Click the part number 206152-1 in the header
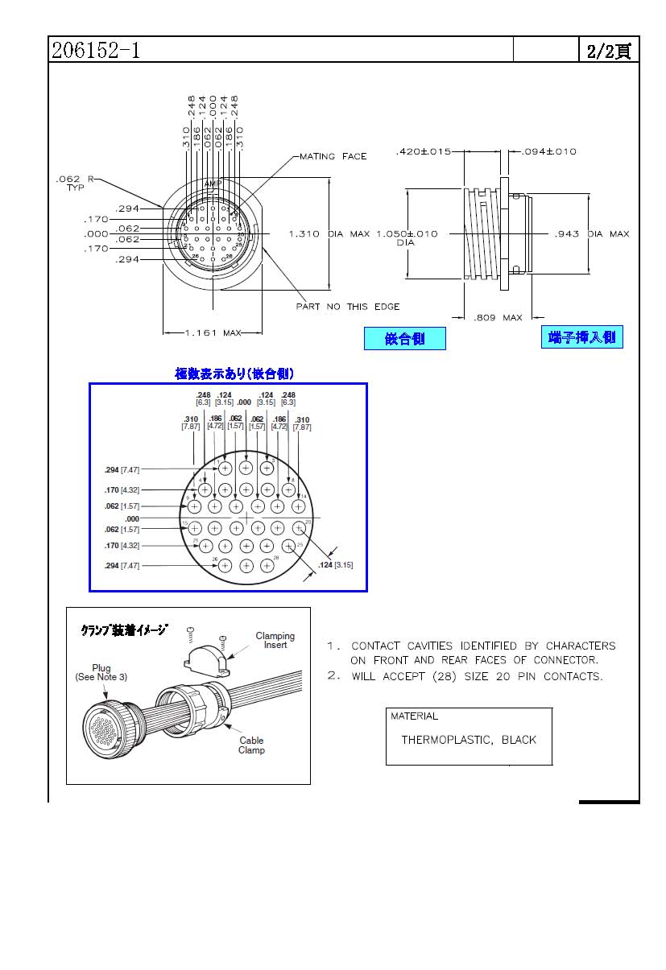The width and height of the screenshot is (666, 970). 96,51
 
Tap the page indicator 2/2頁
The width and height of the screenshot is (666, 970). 609,51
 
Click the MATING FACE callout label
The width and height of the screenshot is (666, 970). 333,156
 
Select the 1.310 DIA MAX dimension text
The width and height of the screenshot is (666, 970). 329,233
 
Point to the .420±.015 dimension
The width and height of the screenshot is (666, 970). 423,151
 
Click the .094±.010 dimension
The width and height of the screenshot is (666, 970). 549,151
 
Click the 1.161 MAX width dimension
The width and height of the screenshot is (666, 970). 213,332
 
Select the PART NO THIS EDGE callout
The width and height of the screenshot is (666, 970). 348,306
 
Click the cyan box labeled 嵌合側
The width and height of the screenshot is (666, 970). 404,339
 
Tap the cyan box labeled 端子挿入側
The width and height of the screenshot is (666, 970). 581,337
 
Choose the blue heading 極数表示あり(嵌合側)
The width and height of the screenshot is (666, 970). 234,374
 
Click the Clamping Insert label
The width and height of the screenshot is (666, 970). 275,640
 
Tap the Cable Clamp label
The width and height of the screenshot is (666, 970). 251,745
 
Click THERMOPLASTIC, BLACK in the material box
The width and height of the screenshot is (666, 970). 469,740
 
